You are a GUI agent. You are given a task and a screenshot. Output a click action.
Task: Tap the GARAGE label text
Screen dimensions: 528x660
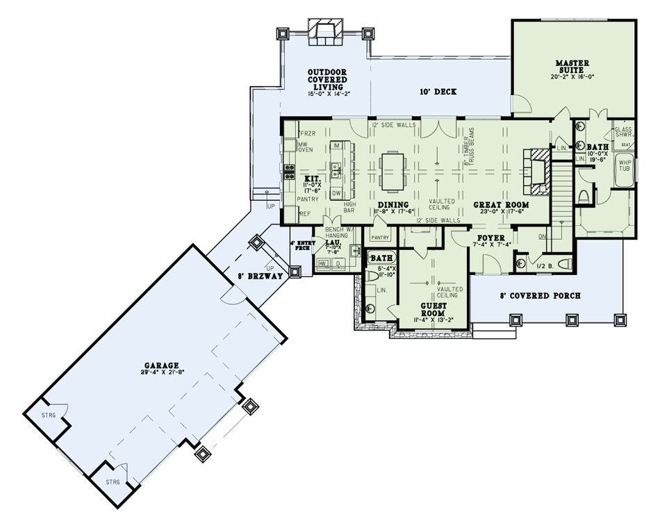click(163, 365)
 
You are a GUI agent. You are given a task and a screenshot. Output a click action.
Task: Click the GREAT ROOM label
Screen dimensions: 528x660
click(501, 205)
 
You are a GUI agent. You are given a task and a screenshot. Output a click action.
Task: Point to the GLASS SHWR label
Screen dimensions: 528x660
click(622, 133)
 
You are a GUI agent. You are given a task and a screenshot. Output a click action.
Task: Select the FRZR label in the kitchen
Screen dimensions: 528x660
click(306, 133)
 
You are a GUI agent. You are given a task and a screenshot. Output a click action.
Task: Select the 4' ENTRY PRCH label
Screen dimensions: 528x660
click(300, 245)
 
